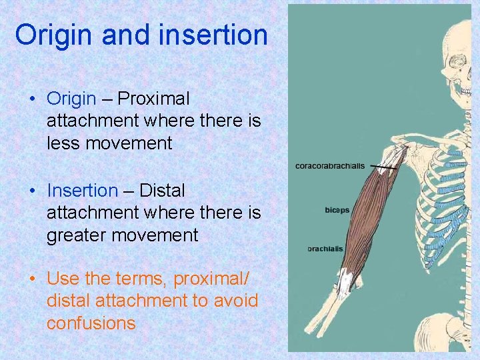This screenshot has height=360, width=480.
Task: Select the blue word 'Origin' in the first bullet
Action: (71, 99)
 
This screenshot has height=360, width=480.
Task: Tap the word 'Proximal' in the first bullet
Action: (154, 99)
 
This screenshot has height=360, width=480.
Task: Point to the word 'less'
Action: (64, 143)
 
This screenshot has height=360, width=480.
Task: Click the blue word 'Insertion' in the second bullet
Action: (82, 191)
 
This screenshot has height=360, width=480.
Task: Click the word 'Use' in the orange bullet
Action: (63, 279)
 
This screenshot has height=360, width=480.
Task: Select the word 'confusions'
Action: (91, 323)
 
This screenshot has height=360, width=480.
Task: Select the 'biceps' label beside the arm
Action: (337, 210)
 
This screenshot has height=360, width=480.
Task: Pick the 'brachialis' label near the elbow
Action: (325, 249)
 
